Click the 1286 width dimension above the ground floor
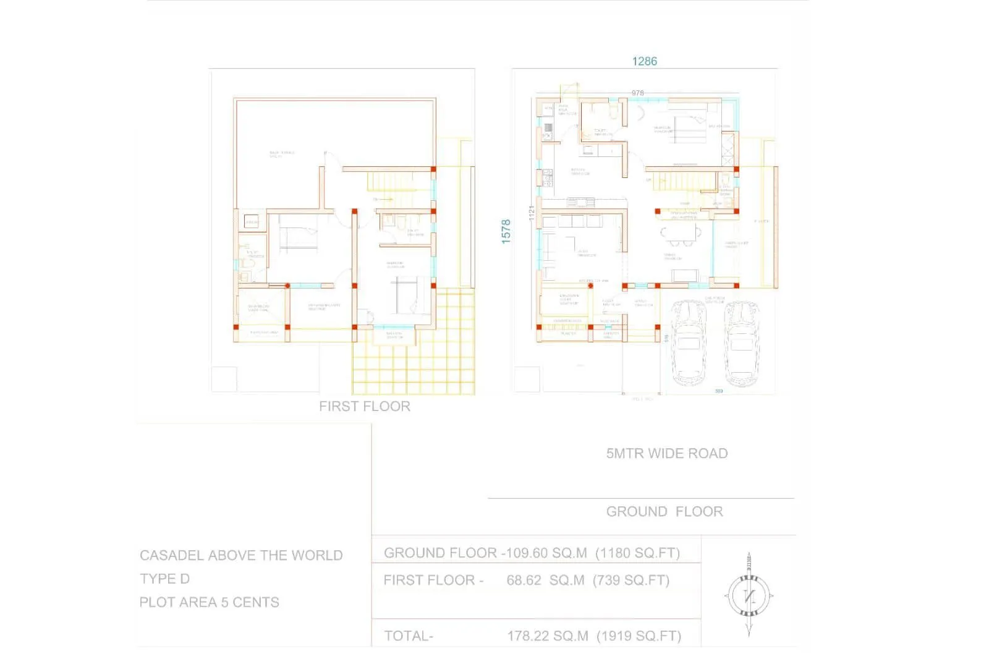[x=644, y=61]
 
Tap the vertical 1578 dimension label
[x=506, y=231]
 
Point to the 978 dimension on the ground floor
[x=637, y=93]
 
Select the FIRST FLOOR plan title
[x=365, y=406]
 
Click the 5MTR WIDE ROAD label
[x=666, y=453]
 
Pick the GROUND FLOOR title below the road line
[x=664, y=511]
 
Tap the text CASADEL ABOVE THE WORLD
[x=241, y=555]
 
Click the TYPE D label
[x=164, y=579]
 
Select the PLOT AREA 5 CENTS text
[x=209, y=602]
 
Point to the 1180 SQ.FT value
[x=637, y=553]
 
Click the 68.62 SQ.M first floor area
[x=545, y=580]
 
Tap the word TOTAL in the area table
[x=408, y=636]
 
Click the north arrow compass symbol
[x=749, y=595]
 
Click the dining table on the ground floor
[x=681, y=234]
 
